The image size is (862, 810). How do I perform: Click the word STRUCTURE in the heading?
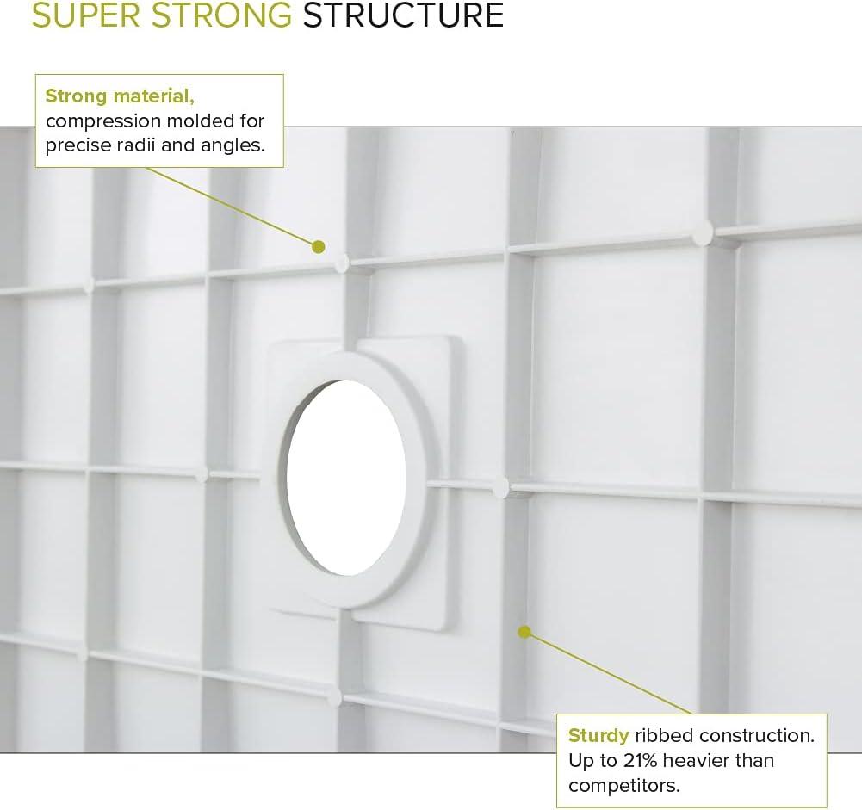(x=403, y=15)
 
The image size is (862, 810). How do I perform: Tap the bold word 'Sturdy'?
(x=598, y=736)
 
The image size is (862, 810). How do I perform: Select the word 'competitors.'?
(x=624, y=785)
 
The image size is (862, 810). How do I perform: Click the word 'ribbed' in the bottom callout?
(x=663, y=736)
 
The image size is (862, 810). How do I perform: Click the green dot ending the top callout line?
(x=319, y=246)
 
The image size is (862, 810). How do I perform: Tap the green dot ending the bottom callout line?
(x=524, y=632)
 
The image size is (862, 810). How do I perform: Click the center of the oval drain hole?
(x=346, y=477)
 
